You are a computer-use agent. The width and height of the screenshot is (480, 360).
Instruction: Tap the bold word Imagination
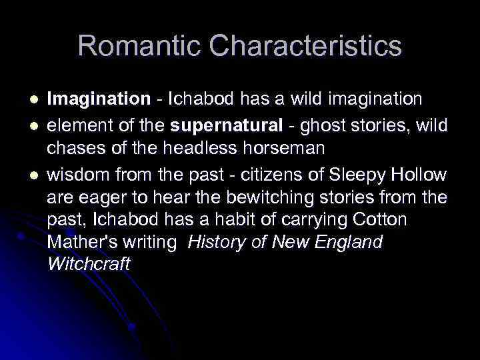coord(99,99)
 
